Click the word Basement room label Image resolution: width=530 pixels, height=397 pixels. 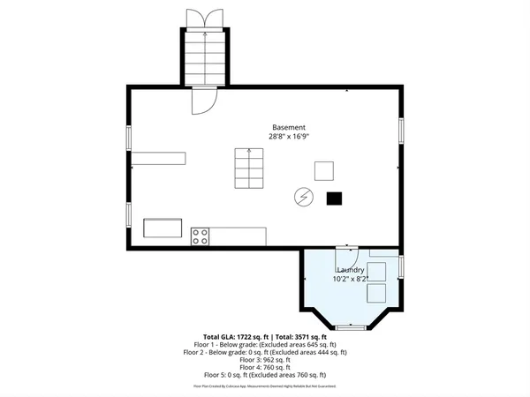pos(289,127)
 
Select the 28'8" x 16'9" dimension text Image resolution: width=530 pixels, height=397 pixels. pos(289,137)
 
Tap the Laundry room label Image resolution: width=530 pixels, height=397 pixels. pos(350,270)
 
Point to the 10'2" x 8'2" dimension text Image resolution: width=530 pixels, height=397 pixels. pos(350,279)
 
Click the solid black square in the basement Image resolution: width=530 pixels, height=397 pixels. pos(334,198)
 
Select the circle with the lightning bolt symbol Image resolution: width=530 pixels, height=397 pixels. pos(302,196)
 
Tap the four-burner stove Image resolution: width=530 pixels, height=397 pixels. pos(201,236)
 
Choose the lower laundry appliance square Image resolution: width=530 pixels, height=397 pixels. pos(378,294)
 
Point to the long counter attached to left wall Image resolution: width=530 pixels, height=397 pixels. pos(160,157)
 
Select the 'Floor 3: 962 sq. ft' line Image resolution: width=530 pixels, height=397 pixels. pos(265,359)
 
